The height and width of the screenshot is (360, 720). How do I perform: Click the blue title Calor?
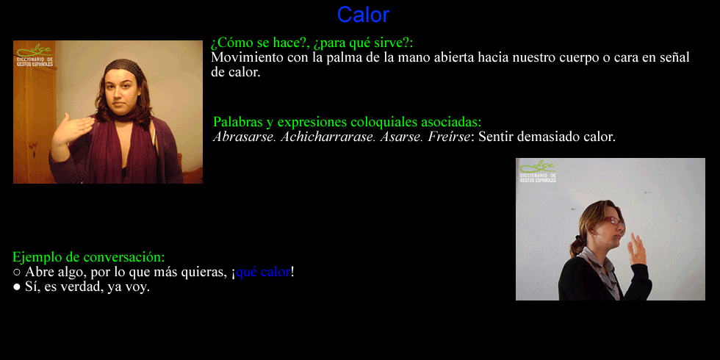pos(363,15)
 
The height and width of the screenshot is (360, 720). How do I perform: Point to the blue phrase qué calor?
pos(263,272)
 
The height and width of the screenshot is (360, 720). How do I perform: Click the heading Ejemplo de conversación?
pos(89,256)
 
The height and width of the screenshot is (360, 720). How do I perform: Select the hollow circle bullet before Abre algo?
pos(16,273)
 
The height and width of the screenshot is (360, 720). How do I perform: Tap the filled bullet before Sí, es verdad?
pos(16,288)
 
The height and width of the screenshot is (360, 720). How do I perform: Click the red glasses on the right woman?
pos(613,221)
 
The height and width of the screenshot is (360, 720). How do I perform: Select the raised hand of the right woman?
pos(638,250)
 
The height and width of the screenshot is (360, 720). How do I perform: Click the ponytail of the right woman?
pos(577,243)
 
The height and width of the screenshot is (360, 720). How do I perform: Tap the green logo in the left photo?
pos(35,56)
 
